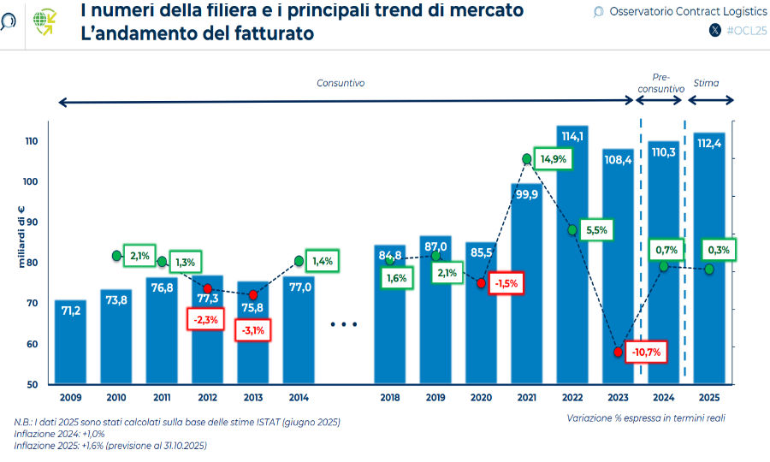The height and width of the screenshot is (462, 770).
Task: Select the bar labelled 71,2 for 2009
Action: coord(71,342)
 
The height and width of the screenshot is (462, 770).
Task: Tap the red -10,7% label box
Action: coord(647,352)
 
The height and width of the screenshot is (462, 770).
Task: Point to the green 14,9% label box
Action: coord(553,159)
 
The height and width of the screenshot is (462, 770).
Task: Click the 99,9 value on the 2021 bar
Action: coord(526,194)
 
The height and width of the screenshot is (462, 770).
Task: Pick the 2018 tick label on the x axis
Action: coord(389,399)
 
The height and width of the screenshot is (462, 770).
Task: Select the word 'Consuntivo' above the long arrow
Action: coord(341,83)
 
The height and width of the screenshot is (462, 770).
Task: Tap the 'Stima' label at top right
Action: coord(707,83)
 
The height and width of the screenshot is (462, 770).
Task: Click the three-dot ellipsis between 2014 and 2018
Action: coord(343,325)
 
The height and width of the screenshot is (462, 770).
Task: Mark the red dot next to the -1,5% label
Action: coord(482,283)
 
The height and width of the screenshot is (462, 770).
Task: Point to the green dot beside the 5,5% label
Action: coord(572,229)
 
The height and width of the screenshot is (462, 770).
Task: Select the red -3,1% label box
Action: coord(253,329)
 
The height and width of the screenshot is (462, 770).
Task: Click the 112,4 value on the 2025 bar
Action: coord(709,143)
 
